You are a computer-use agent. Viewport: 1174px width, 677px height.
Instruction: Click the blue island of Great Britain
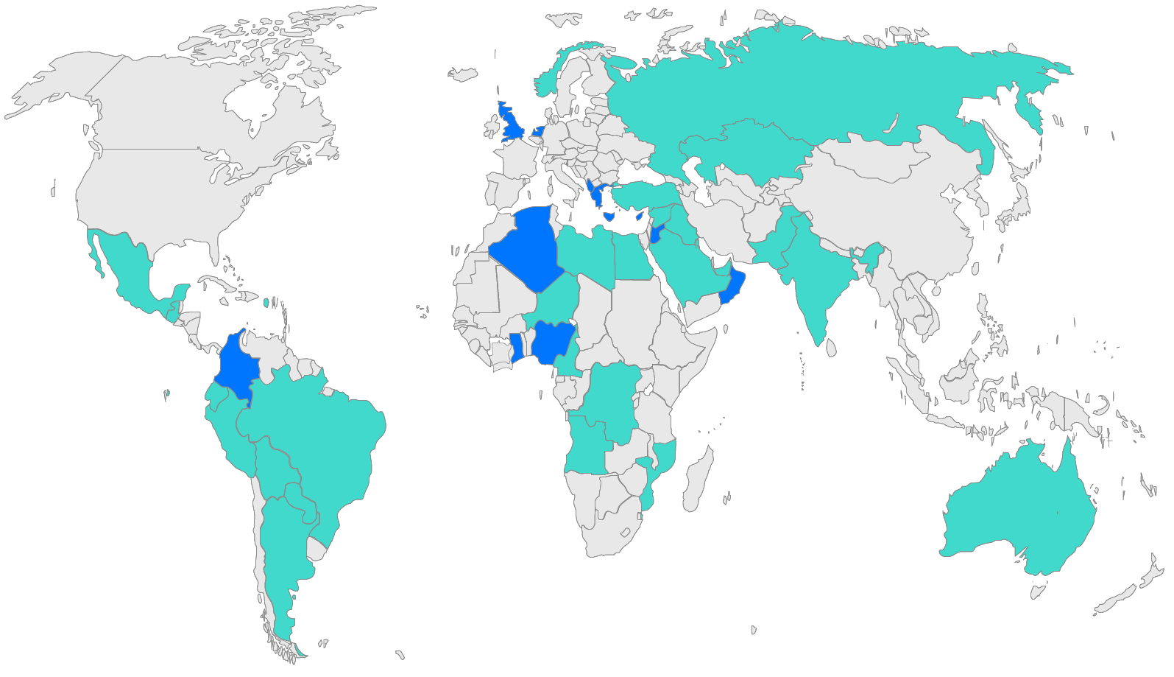click(x=509, y=124)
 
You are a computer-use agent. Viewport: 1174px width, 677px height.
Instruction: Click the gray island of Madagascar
click(x=698, y=479)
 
